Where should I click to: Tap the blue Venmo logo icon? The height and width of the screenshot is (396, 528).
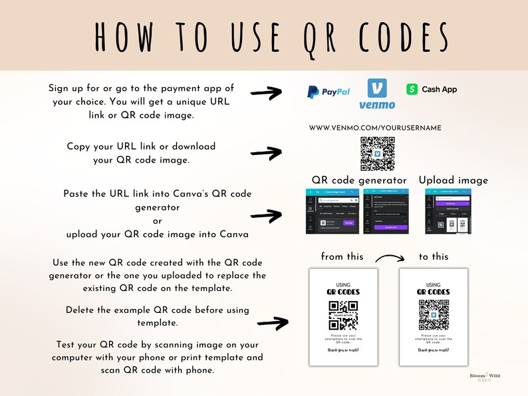click(x=377, y=89)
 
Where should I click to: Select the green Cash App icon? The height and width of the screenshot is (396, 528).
click(x=412, y=89)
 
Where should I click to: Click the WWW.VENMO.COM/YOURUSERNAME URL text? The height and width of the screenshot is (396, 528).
click(x=375, y=127)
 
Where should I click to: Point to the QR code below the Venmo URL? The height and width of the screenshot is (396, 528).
click(x=377, y=153)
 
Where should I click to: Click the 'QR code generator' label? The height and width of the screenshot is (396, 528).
click(x=359, y=180)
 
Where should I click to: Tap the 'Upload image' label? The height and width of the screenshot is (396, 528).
click(x=454, y=180)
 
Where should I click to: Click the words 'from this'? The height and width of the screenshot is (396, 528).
click(x=342, y=256)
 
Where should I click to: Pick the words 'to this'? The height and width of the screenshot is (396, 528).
click(x=434, y=256)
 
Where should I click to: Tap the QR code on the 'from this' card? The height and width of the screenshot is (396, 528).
click(x=343, y=315)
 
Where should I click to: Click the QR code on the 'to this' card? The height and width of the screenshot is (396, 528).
click(x=434, y=315)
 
